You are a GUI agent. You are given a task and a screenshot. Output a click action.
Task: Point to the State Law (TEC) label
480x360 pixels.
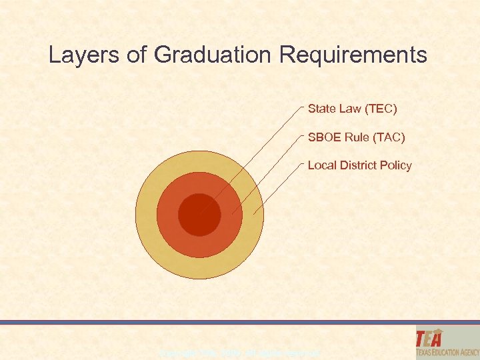(352, 108)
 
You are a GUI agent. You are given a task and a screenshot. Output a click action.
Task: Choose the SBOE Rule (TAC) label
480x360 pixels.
(355, 137)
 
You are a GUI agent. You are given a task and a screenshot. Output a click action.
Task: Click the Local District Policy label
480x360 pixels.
(359, 165)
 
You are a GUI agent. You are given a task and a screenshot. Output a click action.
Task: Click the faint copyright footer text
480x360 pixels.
(240, 352)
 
